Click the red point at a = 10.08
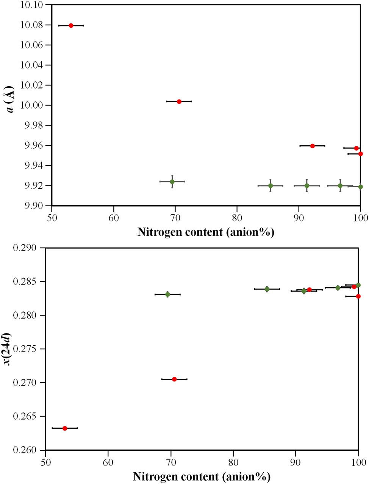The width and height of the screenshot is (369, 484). pyautogui.click(x=71, y=25)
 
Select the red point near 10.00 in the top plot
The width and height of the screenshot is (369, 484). pyautogui.click(x=179, y=101)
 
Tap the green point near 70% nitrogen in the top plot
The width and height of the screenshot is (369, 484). pyautogui.click(x=172, y=182)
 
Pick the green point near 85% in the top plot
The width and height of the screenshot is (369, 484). pyautogui.click(x=270, y=185)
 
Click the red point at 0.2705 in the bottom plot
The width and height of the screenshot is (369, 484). pyautogui.click(x=174, y=379)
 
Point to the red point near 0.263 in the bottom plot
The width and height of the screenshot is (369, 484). pyautogui.click(x=65, y=428)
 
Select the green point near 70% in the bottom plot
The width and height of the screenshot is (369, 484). pyautogui.click(x=167, y=294)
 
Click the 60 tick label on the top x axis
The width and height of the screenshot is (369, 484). pyautogui.click(x=114, y=218)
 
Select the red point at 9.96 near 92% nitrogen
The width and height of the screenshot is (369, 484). pyautogui.click(x=313, y=146)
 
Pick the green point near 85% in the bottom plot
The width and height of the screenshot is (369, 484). pyautogui.click(x=267, y=289)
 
